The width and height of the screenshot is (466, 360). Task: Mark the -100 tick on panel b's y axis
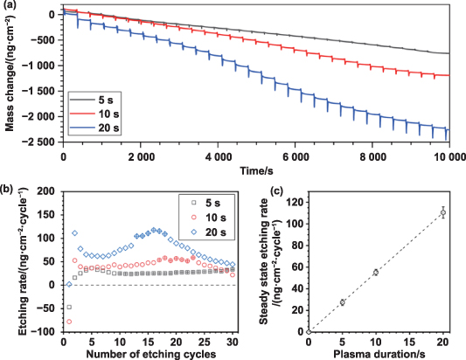tap(47, 331)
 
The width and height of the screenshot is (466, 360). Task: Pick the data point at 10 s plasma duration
tap(376, 273)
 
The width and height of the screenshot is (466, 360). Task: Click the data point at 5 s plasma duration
tap(343, 302)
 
